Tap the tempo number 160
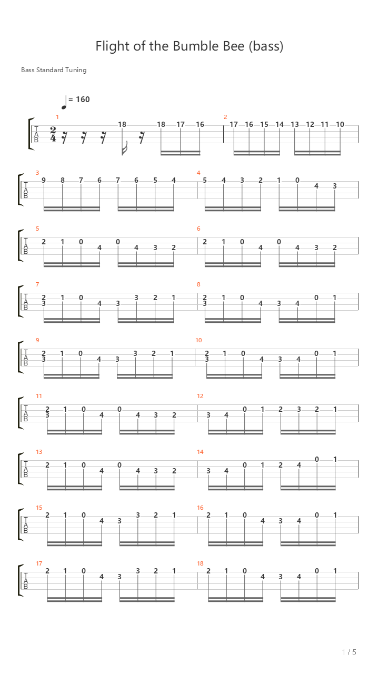(83, 100)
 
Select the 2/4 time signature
(53, 134)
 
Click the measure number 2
(225, 117)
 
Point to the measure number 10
(198, 340)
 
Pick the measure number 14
(201, 452)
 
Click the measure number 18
(201, 563)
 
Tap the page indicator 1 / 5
(349, 652)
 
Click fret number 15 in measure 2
(264, 124)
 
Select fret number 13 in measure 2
(295, 124)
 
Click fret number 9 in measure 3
(44, 180)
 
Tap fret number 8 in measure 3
(63, 180)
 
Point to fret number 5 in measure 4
(205, 180)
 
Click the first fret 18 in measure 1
(122, 124)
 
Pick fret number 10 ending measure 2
(340, 124)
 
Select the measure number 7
(37, 284)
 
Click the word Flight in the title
(113, 46)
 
